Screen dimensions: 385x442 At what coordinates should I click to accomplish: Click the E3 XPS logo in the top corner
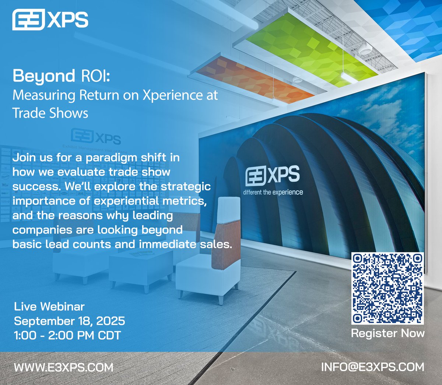(x=50, y=20)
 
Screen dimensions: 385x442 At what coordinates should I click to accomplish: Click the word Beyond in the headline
(x=44, y=76)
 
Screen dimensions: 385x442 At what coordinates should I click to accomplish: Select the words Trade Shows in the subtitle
(x=50, y=113)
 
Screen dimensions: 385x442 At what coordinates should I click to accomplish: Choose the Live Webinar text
(x=49, y=307)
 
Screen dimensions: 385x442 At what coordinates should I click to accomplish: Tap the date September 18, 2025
(x=69, y=321)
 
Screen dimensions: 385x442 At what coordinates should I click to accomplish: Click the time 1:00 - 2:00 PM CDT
(x=67, y=335)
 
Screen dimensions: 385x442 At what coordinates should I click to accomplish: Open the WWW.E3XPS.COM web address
(x=63, y=367)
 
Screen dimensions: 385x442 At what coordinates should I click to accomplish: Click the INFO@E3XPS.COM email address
(x=372, y=367)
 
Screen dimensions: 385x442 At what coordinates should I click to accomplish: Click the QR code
(x=387, y=288)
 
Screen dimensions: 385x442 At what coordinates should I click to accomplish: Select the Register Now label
(x=387, y=333)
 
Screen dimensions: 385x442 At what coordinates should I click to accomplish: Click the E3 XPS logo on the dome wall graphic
(x=273, y=175)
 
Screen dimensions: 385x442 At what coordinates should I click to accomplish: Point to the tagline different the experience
(x=273, y=192)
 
